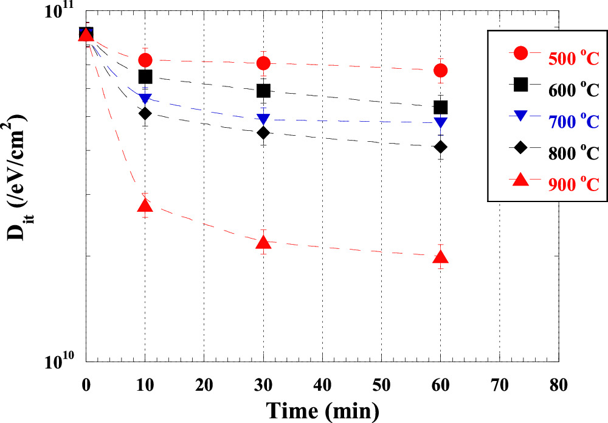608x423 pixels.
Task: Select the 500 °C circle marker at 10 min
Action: (145, 60)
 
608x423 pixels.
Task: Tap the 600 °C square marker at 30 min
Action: (263, 91)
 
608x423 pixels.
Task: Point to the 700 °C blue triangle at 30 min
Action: (263, 119)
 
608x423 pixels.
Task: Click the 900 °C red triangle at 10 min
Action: (145, 206)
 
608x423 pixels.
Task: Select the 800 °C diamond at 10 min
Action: (145, 113)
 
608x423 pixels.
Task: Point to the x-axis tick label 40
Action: (322, 385)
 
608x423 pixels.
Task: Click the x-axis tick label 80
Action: (558, 385)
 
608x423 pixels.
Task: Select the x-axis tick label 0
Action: (86, 385)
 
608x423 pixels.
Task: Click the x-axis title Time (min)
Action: (322, 410)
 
